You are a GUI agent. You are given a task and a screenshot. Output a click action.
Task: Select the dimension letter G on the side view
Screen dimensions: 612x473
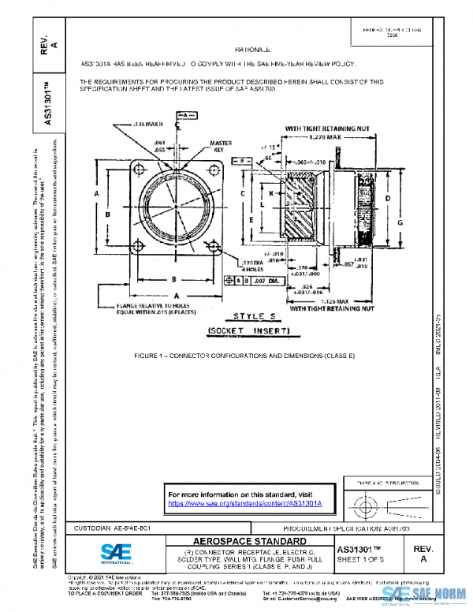(x=400, y=224)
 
